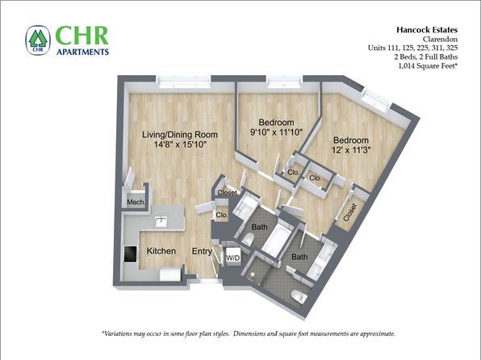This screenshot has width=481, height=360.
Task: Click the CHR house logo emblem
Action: click(x=38, y=40)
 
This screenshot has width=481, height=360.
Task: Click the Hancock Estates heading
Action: click(x=427, y=30)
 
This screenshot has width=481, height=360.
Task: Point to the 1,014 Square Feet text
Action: click(x=428, y=65)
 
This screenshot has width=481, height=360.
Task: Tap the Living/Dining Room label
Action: click(x=180, y=135)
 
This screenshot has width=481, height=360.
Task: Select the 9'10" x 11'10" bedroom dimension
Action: click(x=277, y=132)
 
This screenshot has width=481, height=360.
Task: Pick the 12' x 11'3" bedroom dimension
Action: click(x=351, y=150)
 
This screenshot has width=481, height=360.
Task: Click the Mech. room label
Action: click(x=136, y=203)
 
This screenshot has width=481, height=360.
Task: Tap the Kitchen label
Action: click(x=161, y=251)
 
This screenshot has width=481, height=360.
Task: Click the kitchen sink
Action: click(x=161, y=222)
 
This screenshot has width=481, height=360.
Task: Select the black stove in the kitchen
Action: click(x=131, y=254)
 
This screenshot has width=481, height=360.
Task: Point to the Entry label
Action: click(x=202, y=251)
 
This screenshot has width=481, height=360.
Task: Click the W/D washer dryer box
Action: click(x=232, y=258)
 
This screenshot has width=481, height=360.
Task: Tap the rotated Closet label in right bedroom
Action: click(x=350, y=212)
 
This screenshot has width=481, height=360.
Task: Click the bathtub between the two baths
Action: click(x=275, y=238)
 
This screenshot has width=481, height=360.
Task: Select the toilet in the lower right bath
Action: click(x=299, y=296)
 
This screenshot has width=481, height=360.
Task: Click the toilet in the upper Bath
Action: click(x=248, y=240)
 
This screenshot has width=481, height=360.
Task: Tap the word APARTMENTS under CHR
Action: click(x=83, y=52)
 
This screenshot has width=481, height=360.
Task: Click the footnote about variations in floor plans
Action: click(x=249, y=333)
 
